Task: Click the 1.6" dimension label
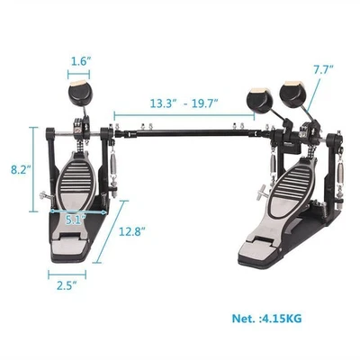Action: click(x=78, y=63)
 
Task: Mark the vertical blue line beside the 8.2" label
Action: click(x=38, y=169)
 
